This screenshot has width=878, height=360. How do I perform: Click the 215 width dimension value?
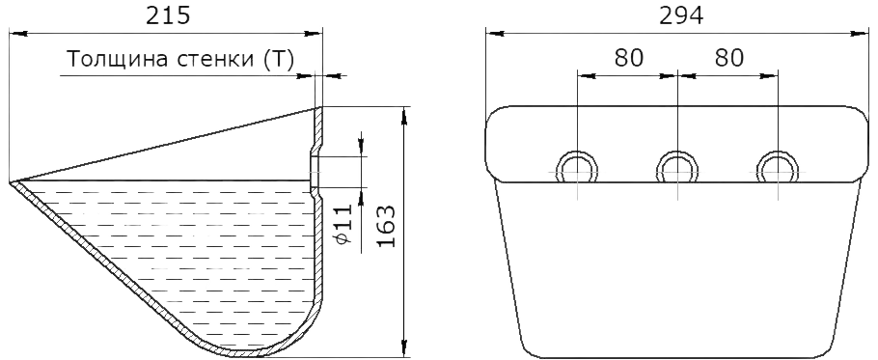coord(168,16)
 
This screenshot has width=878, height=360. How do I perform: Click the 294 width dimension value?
coord(681,16)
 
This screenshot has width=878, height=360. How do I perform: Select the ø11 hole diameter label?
coord(345,224)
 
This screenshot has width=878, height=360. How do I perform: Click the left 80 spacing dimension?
coord(629,58)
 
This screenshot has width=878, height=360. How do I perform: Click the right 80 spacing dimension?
coord(728,58)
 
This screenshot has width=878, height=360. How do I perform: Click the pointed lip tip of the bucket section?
coord(11,182)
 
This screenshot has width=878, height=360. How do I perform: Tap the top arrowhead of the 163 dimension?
coord(403,115)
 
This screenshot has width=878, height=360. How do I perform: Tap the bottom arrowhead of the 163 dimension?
coord(403,347)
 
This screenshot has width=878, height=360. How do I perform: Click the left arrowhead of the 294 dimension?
coord(495,34)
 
